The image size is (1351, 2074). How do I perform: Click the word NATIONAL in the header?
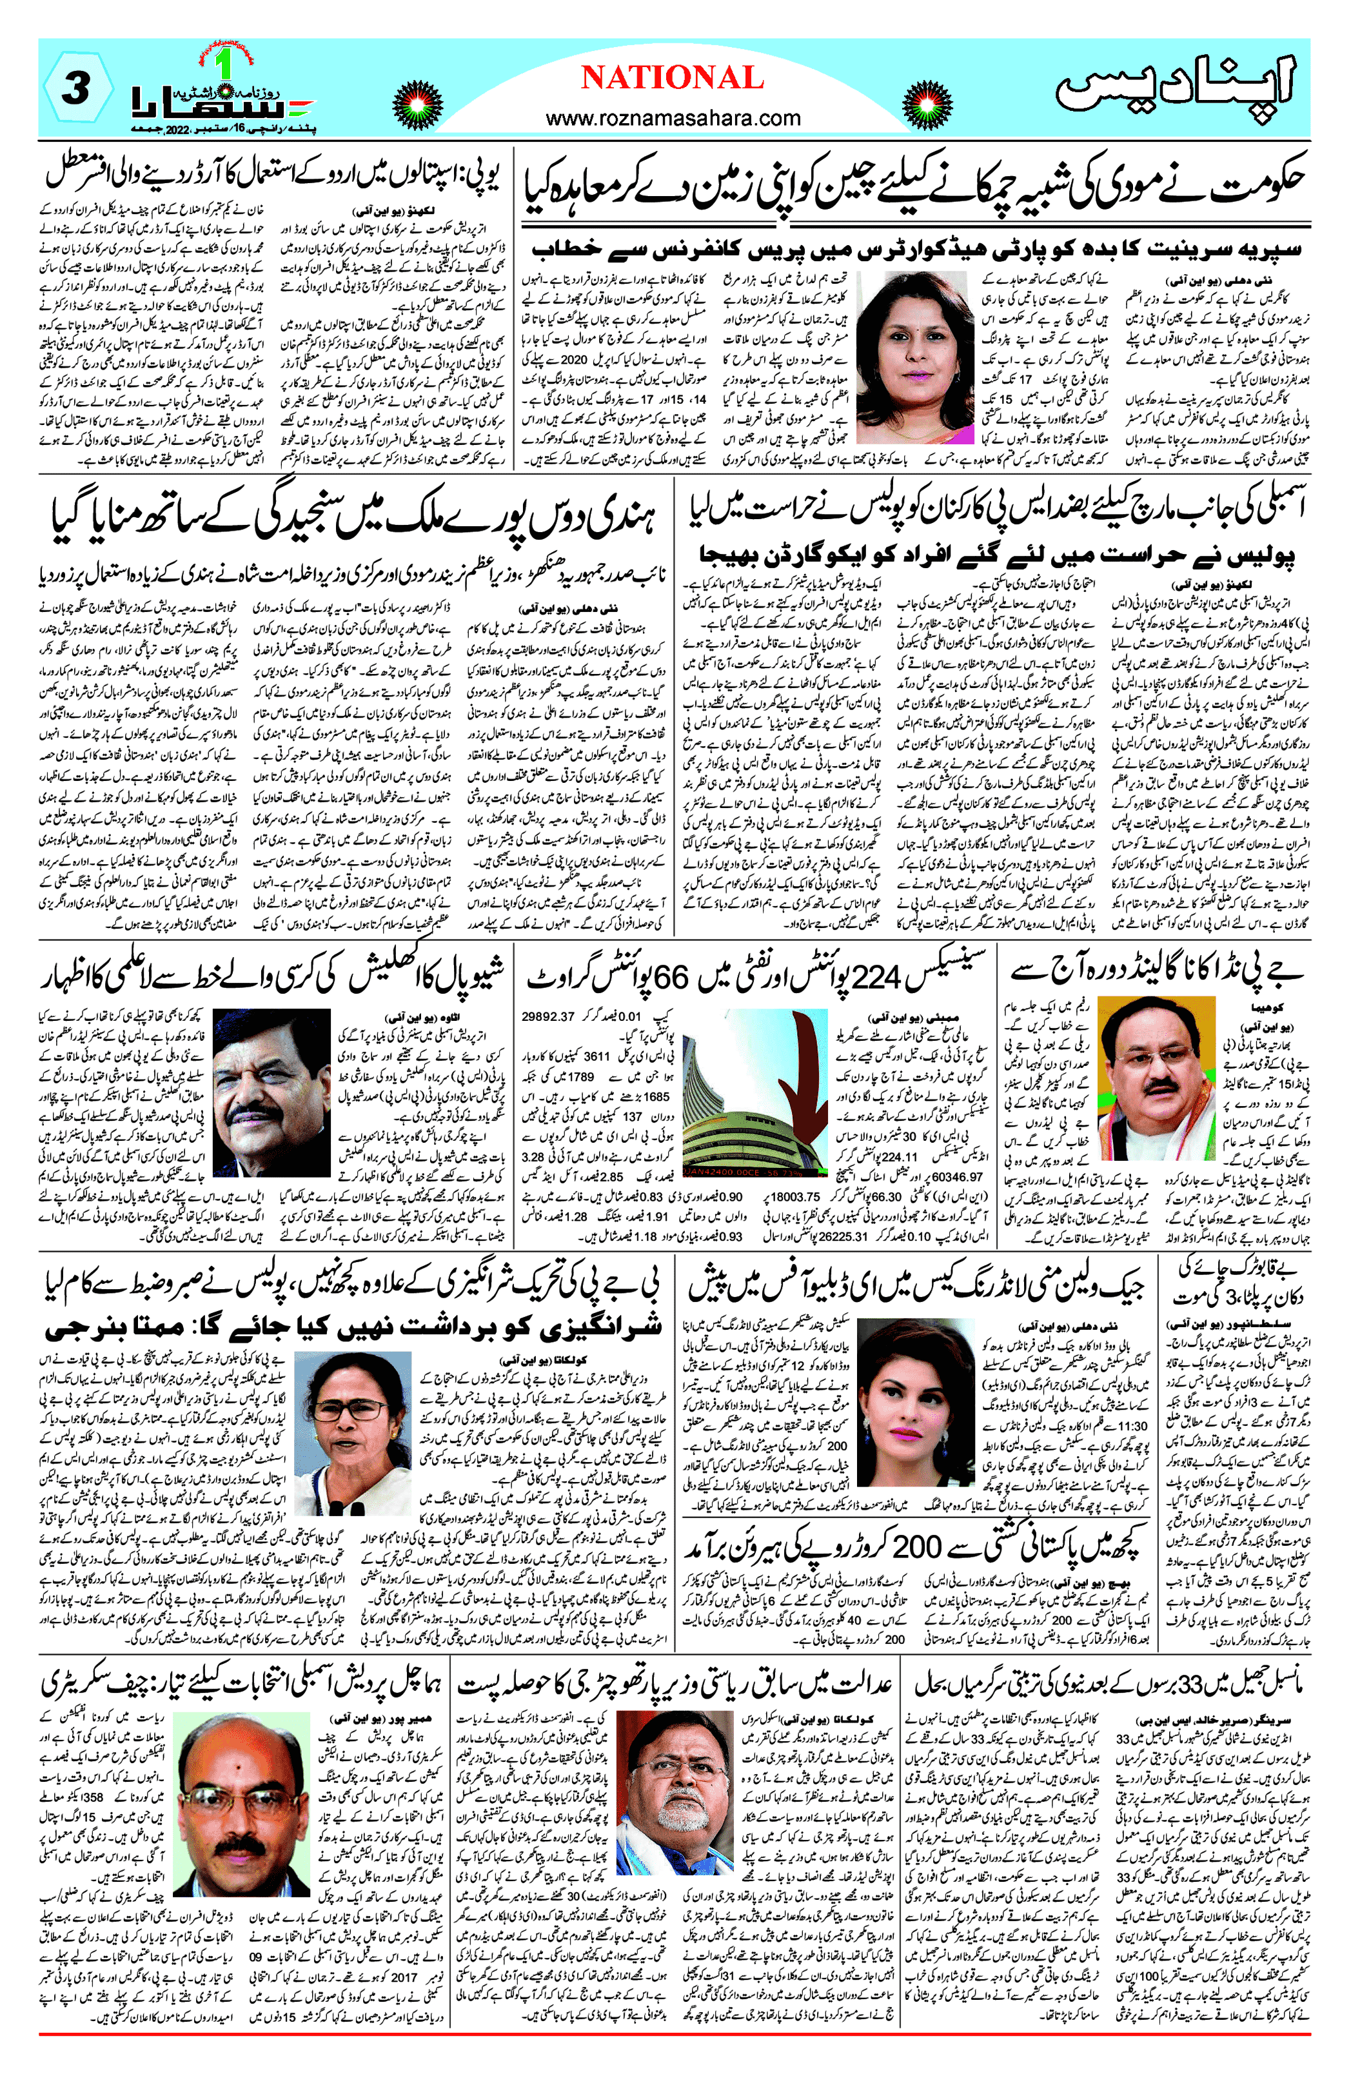672,79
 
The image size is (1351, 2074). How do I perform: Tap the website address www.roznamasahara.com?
673,117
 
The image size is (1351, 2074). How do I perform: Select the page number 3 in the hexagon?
77,88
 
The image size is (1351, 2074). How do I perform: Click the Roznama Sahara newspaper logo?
222,100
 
